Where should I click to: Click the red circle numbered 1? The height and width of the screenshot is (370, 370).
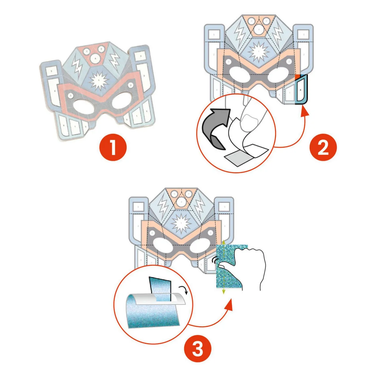[x=113, y=147]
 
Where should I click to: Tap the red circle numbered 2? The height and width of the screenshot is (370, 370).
[x=323, y=147]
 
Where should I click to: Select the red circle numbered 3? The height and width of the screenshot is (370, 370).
[x=198, y=349]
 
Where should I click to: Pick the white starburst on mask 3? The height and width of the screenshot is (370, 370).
[x=181, y=224]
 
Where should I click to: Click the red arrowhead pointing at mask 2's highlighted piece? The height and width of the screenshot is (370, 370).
[x=304, y=112]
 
